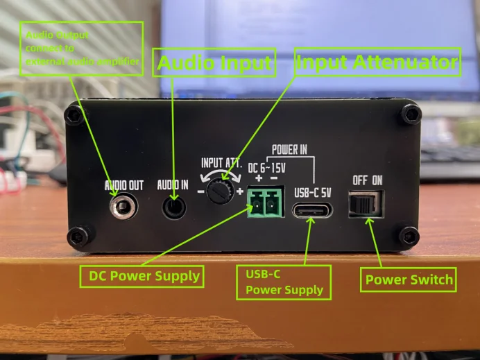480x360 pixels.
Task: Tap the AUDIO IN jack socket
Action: (x=173, y=206)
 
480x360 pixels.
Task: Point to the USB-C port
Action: (x=312, y=209)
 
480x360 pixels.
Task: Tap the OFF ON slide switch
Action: (x=365, y=205)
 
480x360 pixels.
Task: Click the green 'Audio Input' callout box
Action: (x=214, y=64)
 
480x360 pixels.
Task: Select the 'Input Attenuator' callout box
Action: (x=377, y=62)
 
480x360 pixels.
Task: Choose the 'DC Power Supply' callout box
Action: (x=144, y=276)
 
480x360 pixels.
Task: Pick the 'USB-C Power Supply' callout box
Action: (x=284, y=282)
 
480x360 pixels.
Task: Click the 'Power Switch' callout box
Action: (x=409, y=280)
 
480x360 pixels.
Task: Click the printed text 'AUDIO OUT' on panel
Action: (x=124, y=186)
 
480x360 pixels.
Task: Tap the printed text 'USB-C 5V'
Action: (x=313, y=192)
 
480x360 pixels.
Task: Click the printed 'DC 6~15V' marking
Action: (x=267, y=166)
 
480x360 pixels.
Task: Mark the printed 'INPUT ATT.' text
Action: (x=222, y=163)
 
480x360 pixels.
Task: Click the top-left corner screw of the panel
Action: (x=74, y=114)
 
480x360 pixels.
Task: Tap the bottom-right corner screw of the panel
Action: (x=410, y=236)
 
